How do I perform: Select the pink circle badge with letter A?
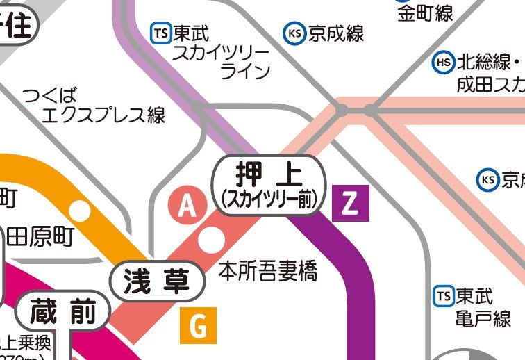click(185, 206)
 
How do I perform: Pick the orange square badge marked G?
click(198, 325)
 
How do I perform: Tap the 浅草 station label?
click(158, 281)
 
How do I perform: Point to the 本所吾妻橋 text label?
click(267, 271)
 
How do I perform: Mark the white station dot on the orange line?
click(81, 209)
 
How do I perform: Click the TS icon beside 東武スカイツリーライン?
click(160, 32)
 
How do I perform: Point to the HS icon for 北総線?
click(442, 63)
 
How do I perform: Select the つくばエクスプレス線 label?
click(94, 105)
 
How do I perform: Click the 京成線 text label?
click(337, 33)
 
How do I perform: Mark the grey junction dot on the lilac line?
click(199, 108)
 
